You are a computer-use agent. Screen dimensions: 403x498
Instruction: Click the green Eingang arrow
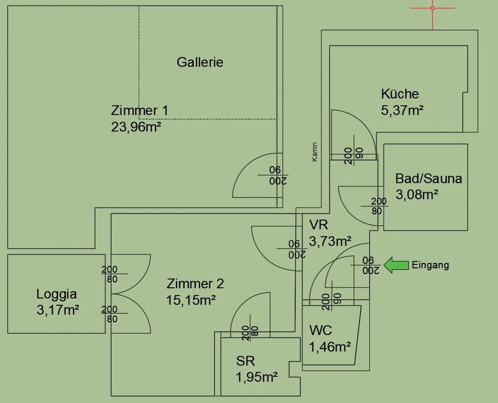pyautogui.click(x=396, y=265)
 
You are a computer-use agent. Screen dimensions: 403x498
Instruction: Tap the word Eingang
pyautogui.click(x=430, y=265)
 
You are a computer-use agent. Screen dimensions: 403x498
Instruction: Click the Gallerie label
pyautogui.click(x=200, y=62)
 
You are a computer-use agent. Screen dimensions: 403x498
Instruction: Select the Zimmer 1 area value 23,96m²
pyautogui.click(x=136, y=127)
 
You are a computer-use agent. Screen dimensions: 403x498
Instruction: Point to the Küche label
pyautogui.click(x=400, y=94)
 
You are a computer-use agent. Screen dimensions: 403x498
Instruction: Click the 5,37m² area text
pyautogui.click(x=402, y=111)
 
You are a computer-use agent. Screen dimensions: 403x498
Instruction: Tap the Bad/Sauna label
pyautogui.click(x=428, y=179)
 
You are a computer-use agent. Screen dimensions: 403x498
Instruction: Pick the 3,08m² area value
pyautogui.click(x=417, y=194)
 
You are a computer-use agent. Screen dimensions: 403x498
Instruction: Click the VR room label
pyautogui.click(x=319, y=225)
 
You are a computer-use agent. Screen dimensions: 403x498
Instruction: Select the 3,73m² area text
pyautogui.click(x=330, y=241)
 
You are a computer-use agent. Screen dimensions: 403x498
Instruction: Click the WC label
pyautogui.click(x=320, y=331)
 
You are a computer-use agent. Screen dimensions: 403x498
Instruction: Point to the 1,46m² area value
pyautogui.click(x=330, y=347)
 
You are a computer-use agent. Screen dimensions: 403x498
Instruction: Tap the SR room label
pyautogui.click(x=245, y=361)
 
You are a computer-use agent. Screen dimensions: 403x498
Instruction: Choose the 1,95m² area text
pyautogui.click(x=257, y=377)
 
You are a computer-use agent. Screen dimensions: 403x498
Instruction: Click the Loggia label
pyautogui.click(x=57, y=294)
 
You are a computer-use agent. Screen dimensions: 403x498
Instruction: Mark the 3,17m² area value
pyautogui.click(x=58, y=310)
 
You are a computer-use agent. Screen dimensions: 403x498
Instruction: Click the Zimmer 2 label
pyautogui.click(x=195, y=284)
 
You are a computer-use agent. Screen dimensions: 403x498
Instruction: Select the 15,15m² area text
pyautogui.click(x=191, y=300)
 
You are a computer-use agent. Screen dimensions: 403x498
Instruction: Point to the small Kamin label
pyautogui.click(x=315, y=152)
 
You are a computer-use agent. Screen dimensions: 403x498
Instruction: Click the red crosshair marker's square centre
pyautogui.click(x=432, y=8)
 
